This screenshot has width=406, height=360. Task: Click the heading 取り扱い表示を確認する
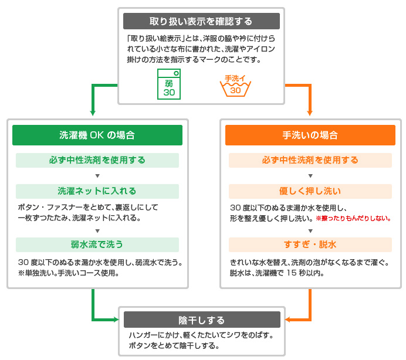click(201, 21)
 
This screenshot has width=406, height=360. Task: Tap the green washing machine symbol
click(169, 84)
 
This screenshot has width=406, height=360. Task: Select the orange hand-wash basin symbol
click(235, 86)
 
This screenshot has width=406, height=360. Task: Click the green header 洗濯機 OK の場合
click(97, 135)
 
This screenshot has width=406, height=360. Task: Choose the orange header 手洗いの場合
click(310, 135)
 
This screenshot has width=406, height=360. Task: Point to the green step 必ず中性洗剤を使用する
click(97, 160)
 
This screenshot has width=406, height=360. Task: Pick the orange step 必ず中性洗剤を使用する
click(310, 160)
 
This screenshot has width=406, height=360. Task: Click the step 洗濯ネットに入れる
click(97, 191)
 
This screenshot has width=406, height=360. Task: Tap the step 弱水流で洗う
click(97, 244)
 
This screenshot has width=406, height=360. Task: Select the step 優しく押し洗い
click(310, 191)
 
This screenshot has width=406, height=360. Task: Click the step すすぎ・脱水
click(310, 244)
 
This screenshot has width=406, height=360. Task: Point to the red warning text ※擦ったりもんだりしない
click(353, 219)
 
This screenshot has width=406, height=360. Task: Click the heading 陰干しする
click(201, 320)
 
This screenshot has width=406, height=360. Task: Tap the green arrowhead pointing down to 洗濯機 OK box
click(93, 113)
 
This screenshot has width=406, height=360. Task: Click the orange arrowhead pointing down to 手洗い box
click(309, 113)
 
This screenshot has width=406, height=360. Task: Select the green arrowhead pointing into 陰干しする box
click(116, 320)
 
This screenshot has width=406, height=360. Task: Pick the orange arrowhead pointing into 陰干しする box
click(288, 320)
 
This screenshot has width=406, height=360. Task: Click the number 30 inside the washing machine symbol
click(169, 93)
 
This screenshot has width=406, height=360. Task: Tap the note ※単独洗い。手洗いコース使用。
click(69, 273)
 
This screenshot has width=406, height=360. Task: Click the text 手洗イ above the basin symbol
click(235, 79)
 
